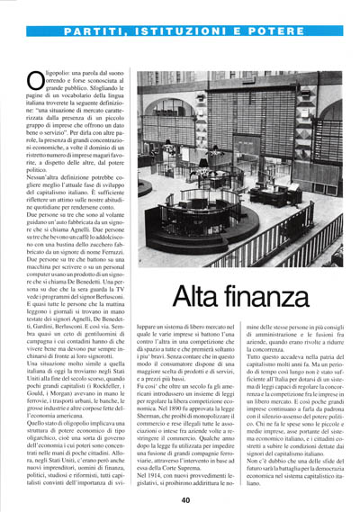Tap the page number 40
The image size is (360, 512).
(x=183, y=501)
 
